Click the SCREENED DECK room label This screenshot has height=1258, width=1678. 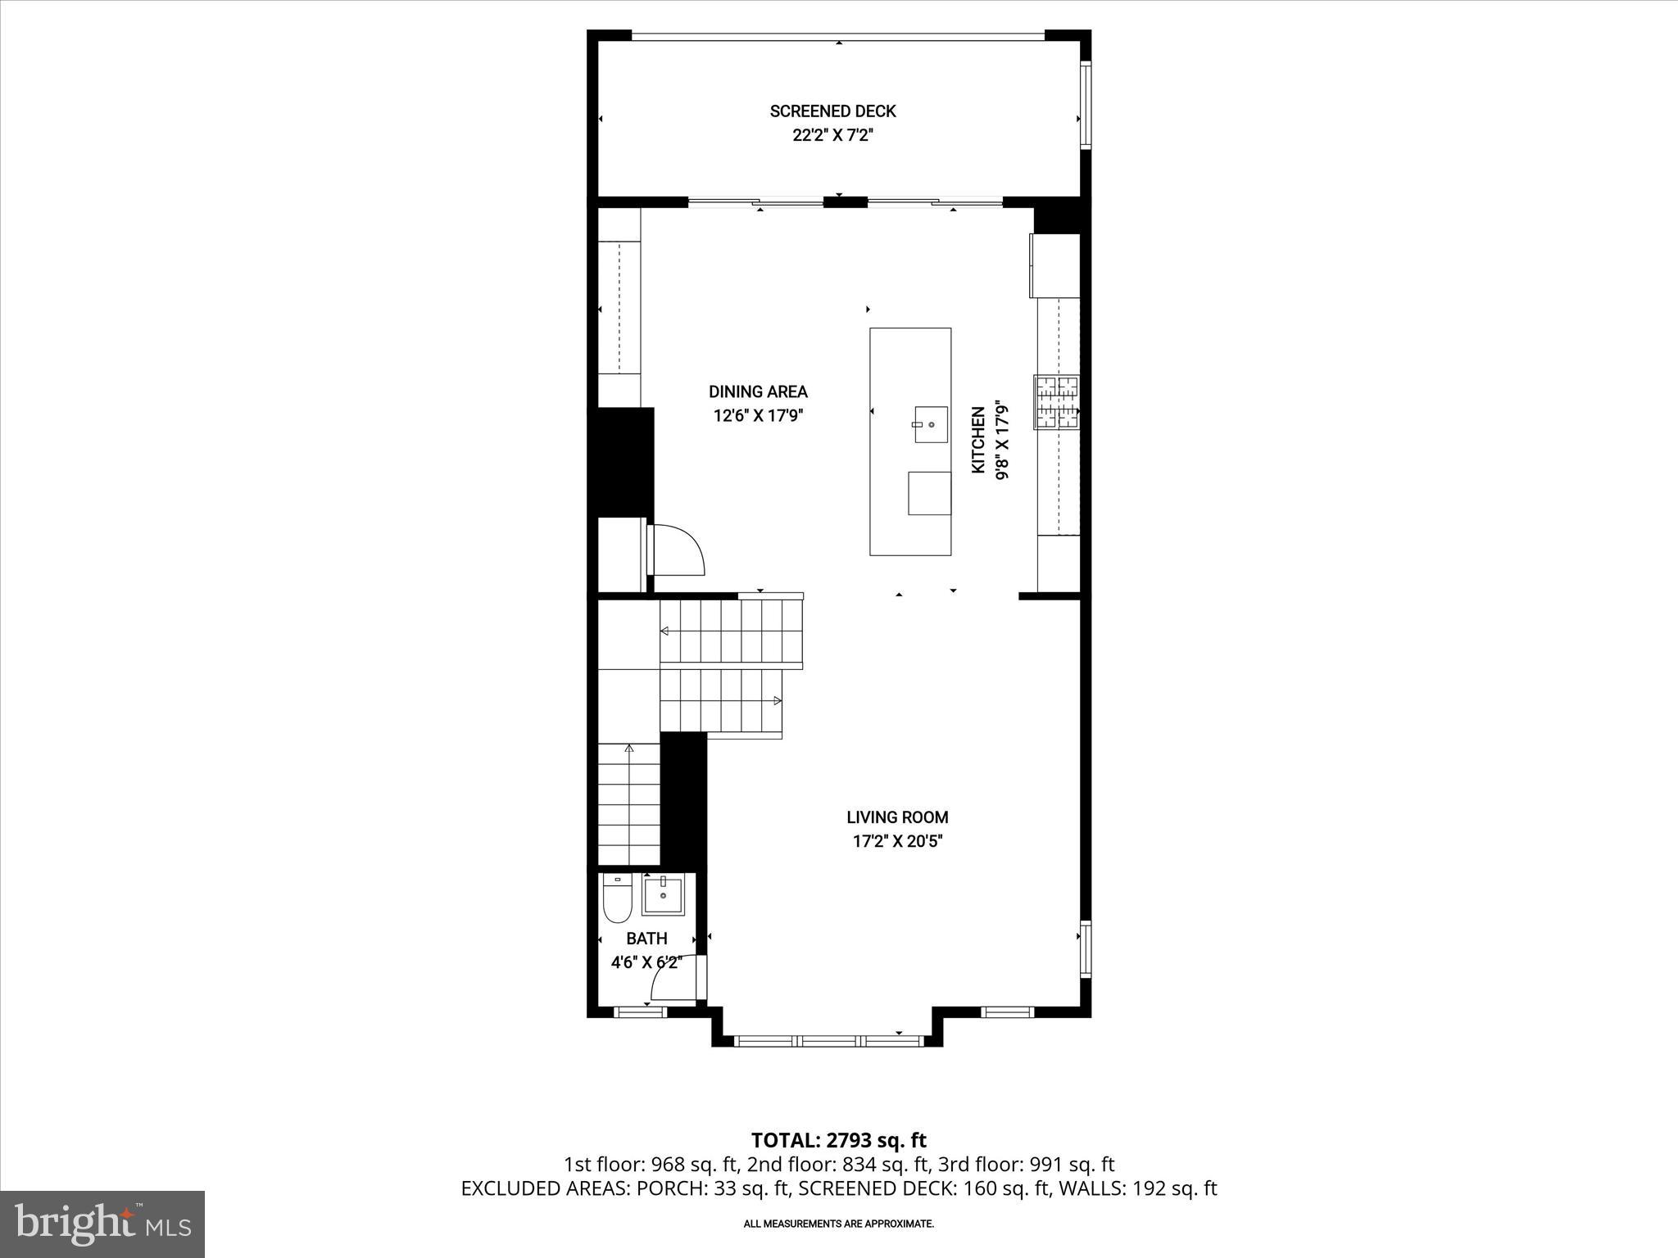(832, 111)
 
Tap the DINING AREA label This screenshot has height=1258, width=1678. (758, 391)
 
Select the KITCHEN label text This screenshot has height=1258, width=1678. (977, 440)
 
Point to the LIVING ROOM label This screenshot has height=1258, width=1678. (897, 817)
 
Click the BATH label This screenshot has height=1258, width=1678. (646, 939)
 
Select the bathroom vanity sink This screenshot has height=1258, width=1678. (663, 895)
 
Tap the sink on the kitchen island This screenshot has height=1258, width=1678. (931, 424)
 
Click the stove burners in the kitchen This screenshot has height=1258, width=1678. (1056, 402)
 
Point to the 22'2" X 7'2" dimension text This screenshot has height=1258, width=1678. (832, 136)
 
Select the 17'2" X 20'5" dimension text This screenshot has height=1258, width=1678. (897, 841)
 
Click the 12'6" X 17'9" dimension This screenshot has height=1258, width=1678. (758, 416)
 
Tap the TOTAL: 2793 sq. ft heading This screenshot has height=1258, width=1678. (838, 1140)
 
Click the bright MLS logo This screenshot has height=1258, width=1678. (102, 1224)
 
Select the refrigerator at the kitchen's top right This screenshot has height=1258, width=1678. (1055, 265)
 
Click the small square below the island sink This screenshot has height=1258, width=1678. (929, 493)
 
